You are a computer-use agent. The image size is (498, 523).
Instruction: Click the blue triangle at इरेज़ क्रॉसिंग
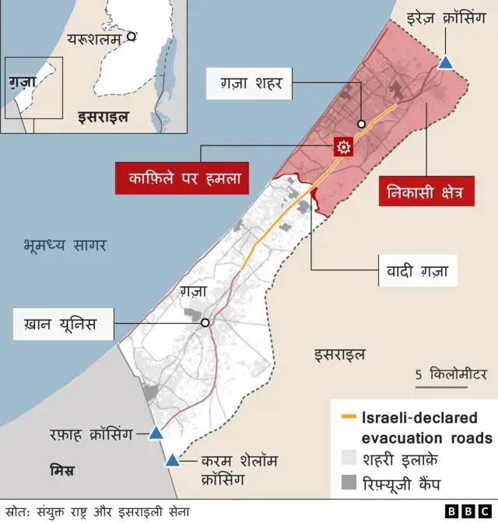click(x=446, y=63)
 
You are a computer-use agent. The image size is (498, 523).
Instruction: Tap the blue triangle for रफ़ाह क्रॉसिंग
click(x=156, y=433)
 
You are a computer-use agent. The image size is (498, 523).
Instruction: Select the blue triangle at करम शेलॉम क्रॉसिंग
click(x=171, y=460)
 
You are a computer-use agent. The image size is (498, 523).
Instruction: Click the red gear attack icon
click(x=342, y=146)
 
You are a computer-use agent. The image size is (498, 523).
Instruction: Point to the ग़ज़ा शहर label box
click(x=251, y=82)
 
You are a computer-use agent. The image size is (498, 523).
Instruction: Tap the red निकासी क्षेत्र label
click(x=426, y=190)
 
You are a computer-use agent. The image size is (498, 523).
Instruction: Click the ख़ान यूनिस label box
click(x=65, y=324)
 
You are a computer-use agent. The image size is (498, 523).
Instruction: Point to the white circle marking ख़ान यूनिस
click(x=205, y=323)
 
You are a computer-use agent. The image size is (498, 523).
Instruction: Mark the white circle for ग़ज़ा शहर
click(x=362, y=124)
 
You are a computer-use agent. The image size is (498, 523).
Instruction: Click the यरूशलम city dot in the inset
click(x=132, y=36)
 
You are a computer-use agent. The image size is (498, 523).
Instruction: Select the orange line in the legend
click(x=349, y=419)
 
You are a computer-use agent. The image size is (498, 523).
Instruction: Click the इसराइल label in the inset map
click(x=101, y=118)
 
